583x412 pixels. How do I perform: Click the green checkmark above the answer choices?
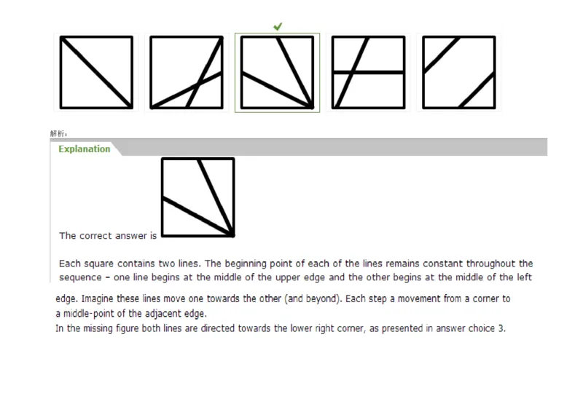tap(278, 26)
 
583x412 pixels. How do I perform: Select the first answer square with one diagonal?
tap(95, 72)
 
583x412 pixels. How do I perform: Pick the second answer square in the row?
tap(186, 72)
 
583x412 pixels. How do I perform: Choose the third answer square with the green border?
tap(277, 72)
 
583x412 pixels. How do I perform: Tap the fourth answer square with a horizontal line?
tap(368, 72)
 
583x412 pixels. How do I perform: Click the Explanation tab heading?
tap(85, 149)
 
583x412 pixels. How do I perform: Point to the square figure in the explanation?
tap(197, 197)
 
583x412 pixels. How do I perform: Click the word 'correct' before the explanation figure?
tap(102, 236)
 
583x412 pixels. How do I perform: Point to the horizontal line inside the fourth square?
tap(368, 72)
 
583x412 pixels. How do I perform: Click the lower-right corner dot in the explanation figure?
tap(232, 235)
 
